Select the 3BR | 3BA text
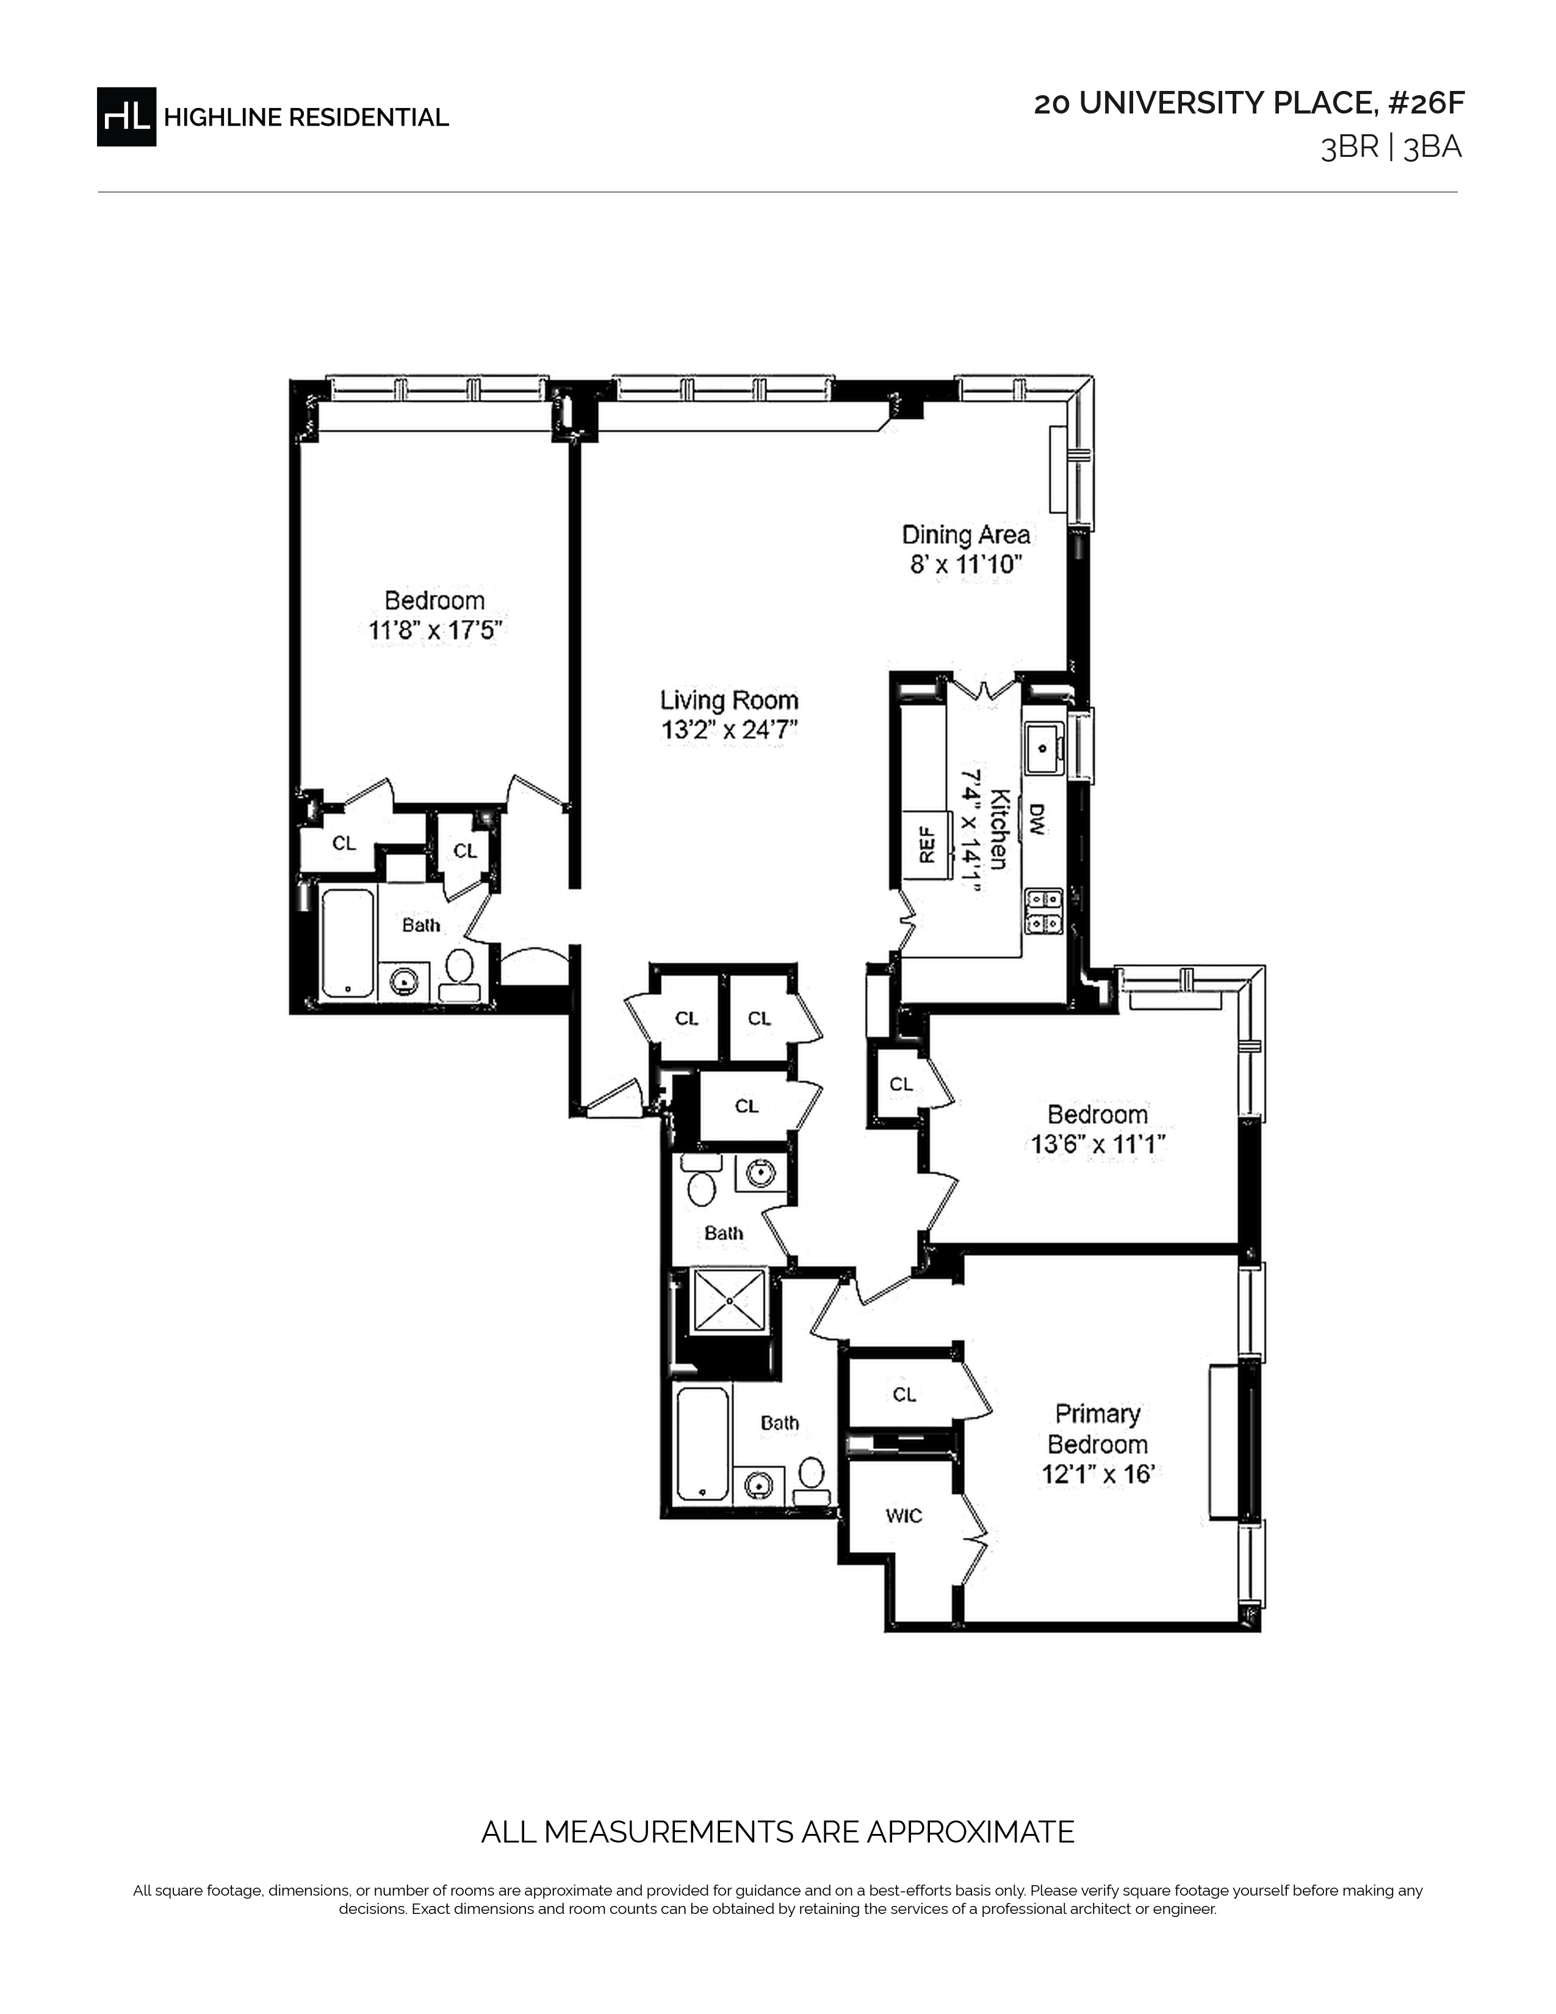click(x=1391, y=148)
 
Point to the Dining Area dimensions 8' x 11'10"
click(x=966, y=565)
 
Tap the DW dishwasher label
click(x=1036, y=820)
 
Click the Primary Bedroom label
click(x=1097, y=1429)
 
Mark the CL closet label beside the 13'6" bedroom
click(x=901, y=1085)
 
